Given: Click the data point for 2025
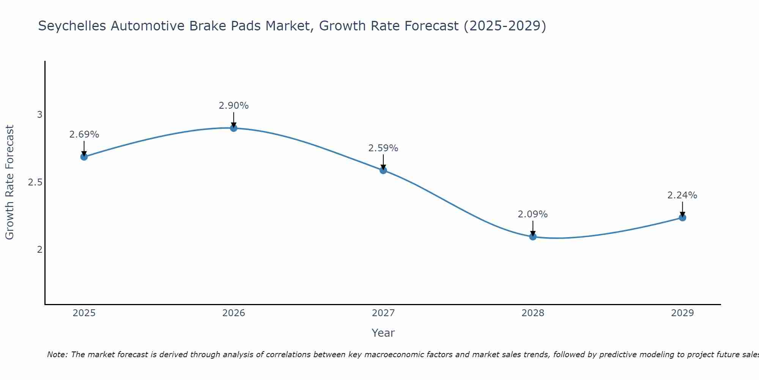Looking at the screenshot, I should [x=84, y=157].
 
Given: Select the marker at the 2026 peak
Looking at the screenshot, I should [x=234, y=128].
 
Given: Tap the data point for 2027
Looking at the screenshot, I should [x=383, y=170].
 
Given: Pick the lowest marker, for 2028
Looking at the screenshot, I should [x=533, y=237].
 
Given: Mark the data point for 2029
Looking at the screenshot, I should [x=682, y=218].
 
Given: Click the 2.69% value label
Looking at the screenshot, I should [x=84, y=135].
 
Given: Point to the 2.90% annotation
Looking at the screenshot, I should [x=234, y=106].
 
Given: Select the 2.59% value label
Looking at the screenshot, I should [x=383, y=148].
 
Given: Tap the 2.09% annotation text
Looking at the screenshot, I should [x=533, y=214].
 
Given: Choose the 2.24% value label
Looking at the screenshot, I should [x=682, y=195].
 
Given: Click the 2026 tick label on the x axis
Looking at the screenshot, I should [x=234, y=313].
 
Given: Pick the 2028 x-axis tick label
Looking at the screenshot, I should [x=533, y=313].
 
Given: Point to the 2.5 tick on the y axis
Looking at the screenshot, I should [x=35, y=182].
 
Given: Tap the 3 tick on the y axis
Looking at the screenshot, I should [x=39, y=115].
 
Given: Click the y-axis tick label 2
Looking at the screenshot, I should [x=39, y=250].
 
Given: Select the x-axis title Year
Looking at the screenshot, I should [x=383, y=333].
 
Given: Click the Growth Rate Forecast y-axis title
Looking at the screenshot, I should [x=10, y=182].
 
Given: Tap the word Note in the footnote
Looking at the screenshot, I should [x=57, y=355].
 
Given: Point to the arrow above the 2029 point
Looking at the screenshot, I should [x=682, y=209].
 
